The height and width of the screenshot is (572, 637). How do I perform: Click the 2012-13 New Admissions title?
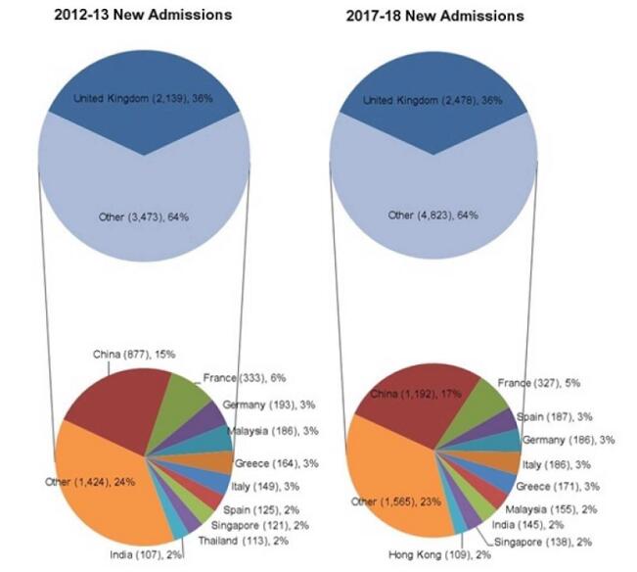coord(143,16)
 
